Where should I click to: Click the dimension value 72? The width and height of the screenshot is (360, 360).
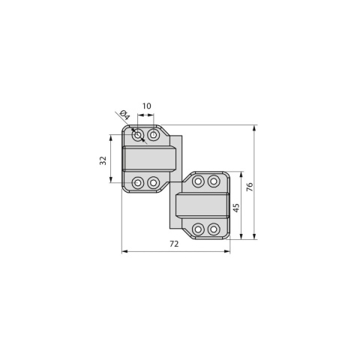174,244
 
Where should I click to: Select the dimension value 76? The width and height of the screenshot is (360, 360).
250,187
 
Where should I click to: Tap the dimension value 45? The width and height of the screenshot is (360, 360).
236,208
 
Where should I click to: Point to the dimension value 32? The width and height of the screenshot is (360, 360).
103,160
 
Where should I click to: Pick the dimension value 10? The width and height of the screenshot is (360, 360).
147,106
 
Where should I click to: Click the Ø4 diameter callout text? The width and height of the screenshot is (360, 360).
124,115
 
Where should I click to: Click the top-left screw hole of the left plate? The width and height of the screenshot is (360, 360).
137,135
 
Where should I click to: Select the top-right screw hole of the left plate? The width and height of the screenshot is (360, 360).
153,135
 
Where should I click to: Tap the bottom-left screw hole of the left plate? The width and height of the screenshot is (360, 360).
137,182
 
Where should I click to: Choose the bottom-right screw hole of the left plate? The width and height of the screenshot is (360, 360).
153,182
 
